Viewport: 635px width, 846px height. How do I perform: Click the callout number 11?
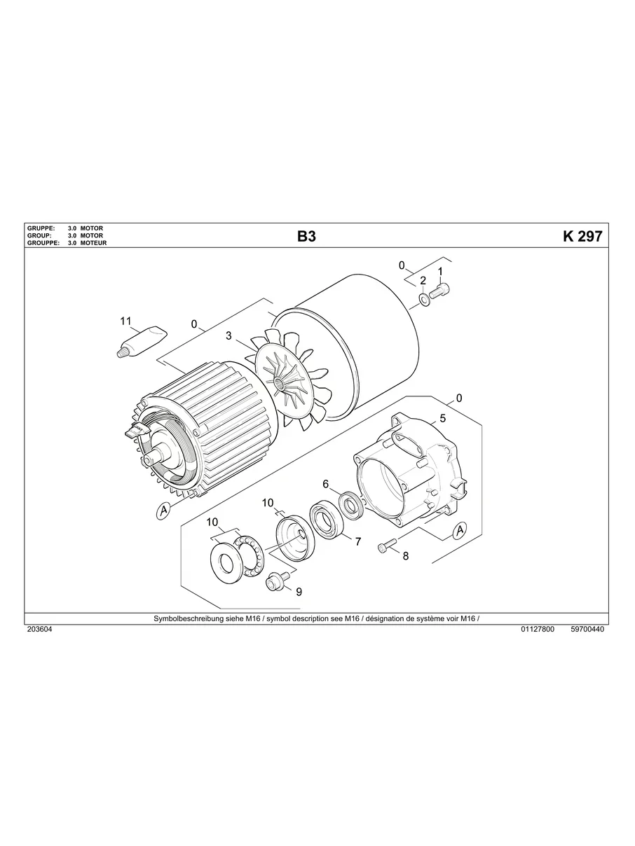coord(125,321)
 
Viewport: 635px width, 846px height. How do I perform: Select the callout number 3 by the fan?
coord(228,335)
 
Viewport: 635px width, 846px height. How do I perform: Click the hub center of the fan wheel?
coord(280,384)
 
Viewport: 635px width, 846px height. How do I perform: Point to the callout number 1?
coord(440,272)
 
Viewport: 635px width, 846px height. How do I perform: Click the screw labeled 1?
coord(440,291)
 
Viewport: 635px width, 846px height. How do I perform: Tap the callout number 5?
coord(443,418)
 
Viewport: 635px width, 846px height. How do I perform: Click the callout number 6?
coord(325,484)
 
